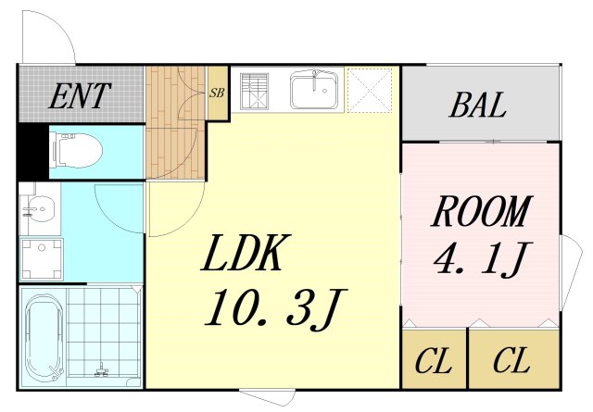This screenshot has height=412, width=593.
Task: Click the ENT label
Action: tap(80, 96)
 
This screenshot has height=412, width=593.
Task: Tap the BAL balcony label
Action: tap(478, 105)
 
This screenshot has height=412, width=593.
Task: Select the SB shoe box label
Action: tap(217, 93)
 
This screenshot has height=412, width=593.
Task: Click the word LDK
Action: tap(246, 252)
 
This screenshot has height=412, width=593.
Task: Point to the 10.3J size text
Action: tap(276, 309)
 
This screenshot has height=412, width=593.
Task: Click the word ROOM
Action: tap(482, 211)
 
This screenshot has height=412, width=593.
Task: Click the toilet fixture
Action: tap(78, 151)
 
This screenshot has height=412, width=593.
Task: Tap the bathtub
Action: tap(44, 337)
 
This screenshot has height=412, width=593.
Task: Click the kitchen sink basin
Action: tap(314, 90)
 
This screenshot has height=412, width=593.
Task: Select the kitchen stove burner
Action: tap(254, 91)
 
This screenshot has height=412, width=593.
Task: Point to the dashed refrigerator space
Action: tap(370, 90)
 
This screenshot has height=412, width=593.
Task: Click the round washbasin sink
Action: tap(39, 209)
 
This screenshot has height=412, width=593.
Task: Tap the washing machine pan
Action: tap(42, 259)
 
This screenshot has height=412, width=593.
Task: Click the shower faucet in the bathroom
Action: tap(101, 370)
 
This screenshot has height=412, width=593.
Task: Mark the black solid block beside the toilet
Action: tap(33, 152)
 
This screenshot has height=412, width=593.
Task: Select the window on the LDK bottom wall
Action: tap(268, 397)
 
